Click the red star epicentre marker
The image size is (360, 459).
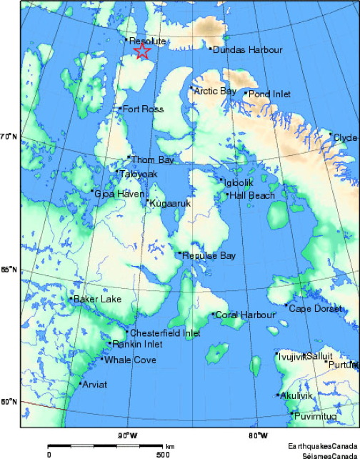point(142,51)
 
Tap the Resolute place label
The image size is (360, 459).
point(148,42)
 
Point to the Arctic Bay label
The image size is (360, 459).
point(215,91)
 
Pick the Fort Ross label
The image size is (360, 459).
point(144,109)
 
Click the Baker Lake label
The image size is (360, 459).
point(98,299)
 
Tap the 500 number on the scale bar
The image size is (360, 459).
point(163,454)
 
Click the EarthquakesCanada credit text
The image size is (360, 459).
point(323,445)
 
